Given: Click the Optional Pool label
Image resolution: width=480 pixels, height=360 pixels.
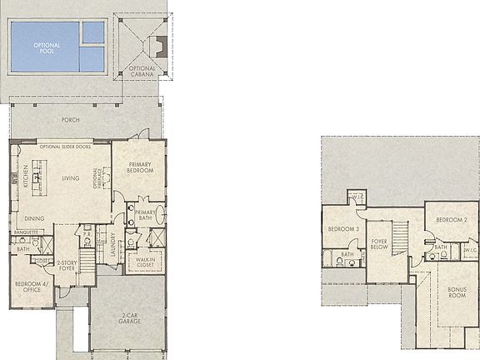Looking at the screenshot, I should (x=46, y=47).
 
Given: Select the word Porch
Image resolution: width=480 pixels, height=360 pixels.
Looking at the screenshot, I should (x=71, y=119).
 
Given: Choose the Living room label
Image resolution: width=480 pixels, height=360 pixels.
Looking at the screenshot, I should (x=71, y=177).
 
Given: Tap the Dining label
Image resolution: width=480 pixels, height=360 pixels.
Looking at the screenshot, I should (x=34, y=218).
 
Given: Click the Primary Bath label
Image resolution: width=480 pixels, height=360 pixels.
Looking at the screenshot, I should (x=146, y=216).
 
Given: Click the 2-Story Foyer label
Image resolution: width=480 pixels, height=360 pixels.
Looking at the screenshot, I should (x=66, y=266).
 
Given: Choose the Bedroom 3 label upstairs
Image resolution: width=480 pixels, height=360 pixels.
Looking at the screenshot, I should (x=342, y=229).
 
